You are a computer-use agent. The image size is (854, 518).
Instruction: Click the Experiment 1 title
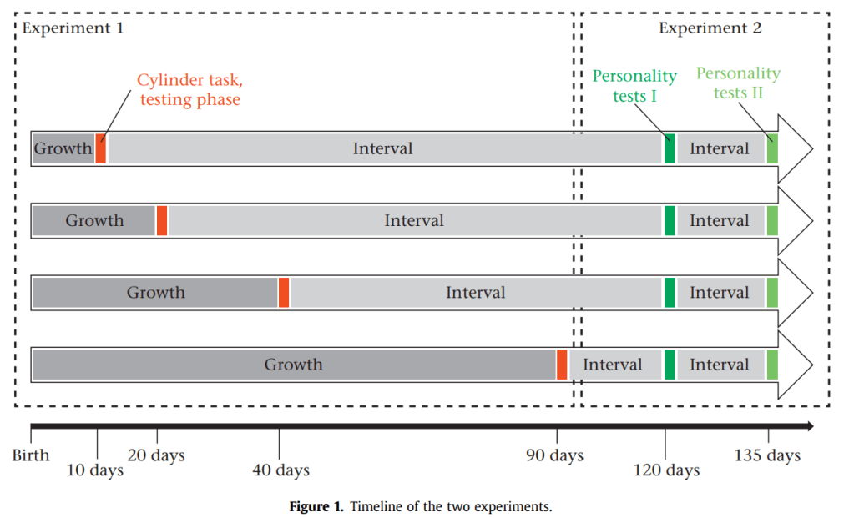tap(73, 28)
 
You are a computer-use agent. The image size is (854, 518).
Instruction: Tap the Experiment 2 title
tap(710, 28)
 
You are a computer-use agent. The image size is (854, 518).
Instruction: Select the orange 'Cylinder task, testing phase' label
tap(190, 90)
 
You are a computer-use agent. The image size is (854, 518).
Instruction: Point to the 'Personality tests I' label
tap(634, 86)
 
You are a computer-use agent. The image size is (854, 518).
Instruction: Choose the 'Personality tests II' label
tap(738, 83)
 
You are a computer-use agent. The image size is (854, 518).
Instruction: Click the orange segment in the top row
tap(100, 148)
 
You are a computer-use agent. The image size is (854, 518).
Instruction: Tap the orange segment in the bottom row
tap(562, 365)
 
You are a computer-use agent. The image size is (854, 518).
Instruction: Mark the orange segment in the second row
tap(161, 220)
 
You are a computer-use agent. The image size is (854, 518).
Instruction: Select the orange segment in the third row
tap(284, 293)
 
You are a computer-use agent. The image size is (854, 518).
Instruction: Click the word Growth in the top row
tap(63, 148)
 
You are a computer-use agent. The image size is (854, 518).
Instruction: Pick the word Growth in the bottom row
tap(293, 365)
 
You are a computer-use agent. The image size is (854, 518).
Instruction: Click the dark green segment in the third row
tap(669, 293)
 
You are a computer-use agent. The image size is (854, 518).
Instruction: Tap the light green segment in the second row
tap(771, 220)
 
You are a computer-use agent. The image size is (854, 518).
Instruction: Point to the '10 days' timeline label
tap(95, 470)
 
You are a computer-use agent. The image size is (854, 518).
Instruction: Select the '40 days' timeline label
tap(280, 470)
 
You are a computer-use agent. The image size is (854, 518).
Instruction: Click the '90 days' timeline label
tap(554, 455)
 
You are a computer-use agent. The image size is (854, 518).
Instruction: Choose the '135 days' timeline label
tap(767, 455)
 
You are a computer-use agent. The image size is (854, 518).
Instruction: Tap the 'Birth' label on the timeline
tap(31, 455)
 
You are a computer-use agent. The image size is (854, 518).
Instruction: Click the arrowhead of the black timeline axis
tap(807, 426)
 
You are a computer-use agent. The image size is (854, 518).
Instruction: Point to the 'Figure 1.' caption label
tap(316, 506)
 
